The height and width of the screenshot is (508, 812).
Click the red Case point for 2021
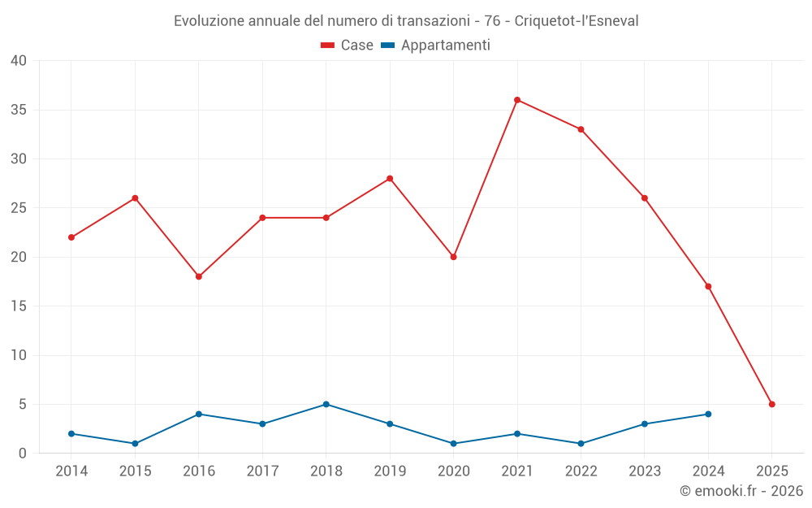coord(517,100)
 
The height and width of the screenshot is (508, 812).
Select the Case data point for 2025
coord(772,404)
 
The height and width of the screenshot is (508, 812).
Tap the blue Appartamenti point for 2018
coord(326,404)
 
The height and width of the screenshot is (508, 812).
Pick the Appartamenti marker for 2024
coord(708,414)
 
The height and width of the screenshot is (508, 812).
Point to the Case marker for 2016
coord(199,276)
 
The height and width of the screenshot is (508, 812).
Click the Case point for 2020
coord(454,257)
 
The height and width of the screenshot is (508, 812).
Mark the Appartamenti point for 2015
coord(135,444)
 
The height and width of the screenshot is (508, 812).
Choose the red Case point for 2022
coord(581,129)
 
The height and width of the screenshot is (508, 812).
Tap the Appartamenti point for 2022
coord(581,444)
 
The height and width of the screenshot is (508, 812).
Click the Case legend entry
coord(348,46)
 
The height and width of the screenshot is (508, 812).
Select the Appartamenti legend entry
coord(436,46)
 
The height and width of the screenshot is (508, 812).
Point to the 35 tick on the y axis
coord(19,110)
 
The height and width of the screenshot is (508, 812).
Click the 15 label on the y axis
coord(19,306)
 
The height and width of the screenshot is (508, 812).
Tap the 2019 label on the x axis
coord(390,471)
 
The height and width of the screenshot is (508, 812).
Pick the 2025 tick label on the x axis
coord(772,471)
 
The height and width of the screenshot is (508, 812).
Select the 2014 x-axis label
coord(71,471)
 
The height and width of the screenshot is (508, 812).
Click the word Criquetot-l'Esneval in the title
coord(577,20)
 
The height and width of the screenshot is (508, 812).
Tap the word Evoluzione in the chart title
coord(209,20)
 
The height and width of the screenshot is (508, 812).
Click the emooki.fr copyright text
coord(741,491)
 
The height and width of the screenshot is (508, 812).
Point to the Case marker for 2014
coord(71,237)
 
